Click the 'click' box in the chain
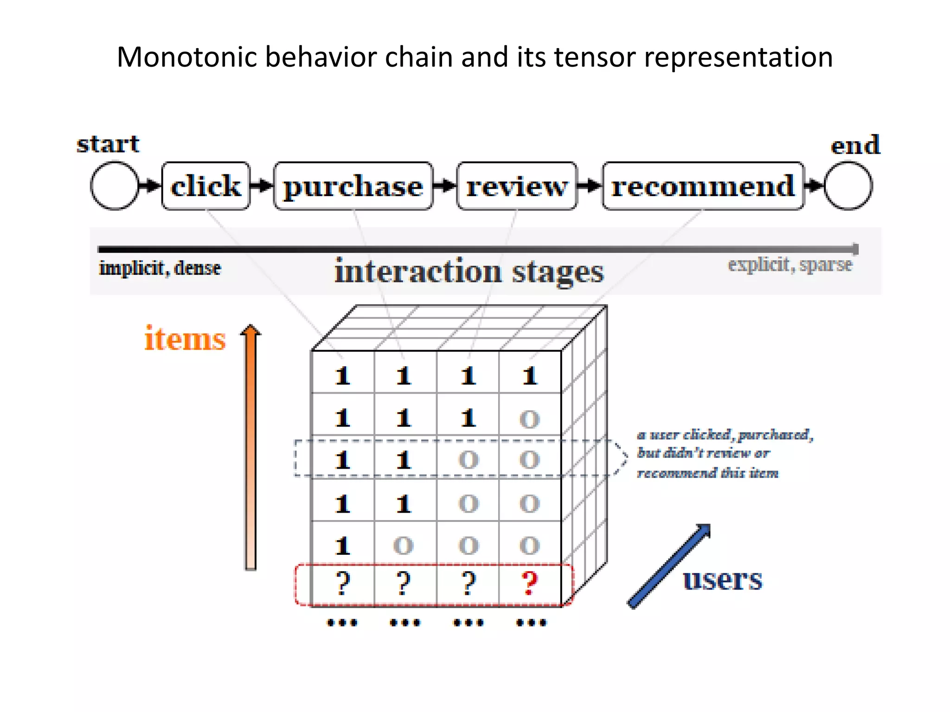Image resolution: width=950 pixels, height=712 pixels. [x=205, y=186]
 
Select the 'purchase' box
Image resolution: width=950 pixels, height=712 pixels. [x=353, y=186]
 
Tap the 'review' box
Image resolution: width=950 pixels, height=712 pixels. [x=516, y=186]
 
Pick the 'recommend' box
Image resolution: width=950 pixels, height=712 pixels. [x=703, y=186]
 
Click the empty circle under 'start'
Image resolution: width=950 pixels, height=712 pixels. [x=114, y=185]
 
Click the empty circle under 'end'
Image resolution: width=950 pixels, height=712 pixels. [x=848, y=185]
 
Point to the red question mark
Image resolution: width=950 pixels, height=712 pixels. [x=530, y=583]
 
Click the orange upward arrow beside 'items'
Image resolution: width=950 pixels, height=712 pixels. [x=250, y=445]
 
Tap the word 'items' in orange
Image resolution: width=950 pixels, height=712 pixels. [x=185, y=338]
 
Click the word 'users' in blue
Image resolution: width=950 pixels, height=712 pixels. [x=722, y=579]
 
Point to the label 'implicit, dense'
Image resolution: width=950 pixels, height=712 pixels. [x=160, y=268]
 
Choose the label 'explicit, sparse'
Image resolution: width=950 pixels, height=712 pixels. [x=790, y=264]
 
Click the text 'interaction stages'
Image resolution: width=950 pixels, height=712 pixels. [x=469, y=272]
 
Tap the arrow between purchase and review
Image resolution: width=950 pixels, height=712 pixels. [x=444, y=186]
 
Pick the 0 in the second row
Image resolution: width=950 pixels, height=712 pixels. [x=530, y=419]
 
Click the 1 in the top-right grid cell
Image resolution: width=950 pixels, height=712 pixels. [x=530, y=375]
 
